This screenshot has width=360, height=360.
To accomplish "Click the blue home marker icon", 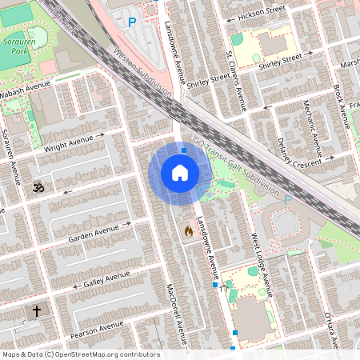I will point(180,173).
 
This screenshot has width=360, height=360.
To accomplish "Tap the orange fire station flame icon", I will point(189,230).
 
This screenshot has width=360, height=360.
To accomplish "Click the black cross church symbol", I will point(36,310).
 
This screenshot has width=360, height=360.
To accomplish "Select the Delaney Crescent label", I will point(297,150).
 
